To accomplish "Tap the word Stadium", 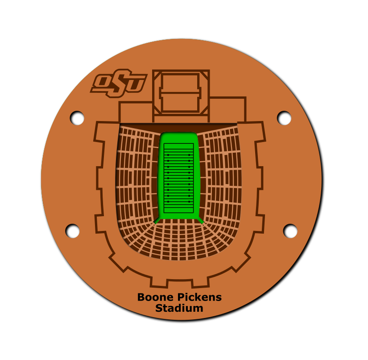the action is (179, 308).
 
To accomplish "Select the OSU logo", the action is (119, 83).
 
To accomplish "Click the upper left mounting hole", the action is (77, 118).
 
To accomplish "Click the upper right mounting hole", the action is (284, 118).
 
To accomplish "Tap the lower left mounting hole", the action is (72, 231).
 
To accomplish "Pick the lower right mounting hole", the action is (290, 231).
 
